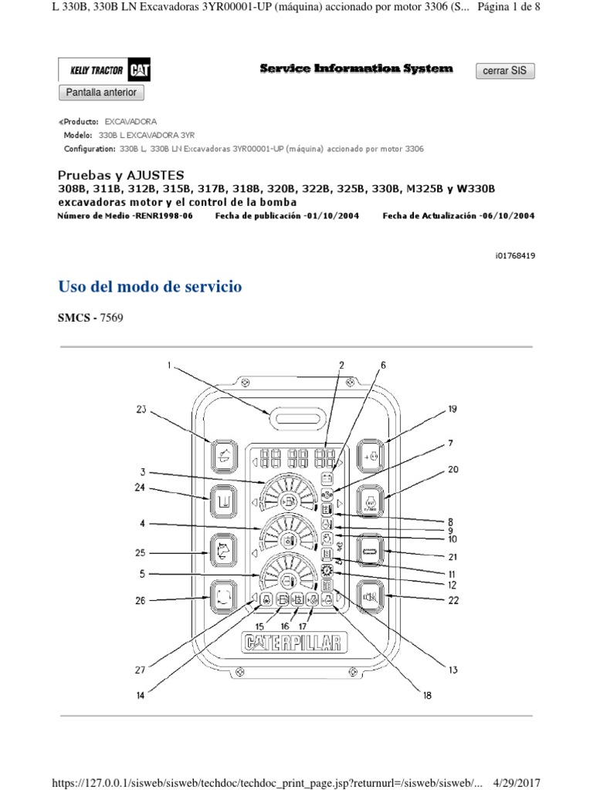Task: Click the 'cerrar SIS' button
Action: [x=504, y=71]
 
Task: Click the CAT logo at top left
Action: [x=140, y=71]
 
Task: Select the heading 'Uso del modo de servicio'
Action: [x=151, y=287]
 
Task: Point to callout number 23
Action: [x=141, y=410]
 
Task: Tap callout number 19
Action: [x=452, y=410]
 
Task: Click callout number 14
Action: [x=141, y=695]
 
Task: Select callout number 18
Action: [x=427, y=695]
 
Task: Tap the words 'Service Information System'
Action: [x=356, y=69]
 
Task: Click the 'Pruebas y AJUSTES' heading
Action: [x=121, y=175]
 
